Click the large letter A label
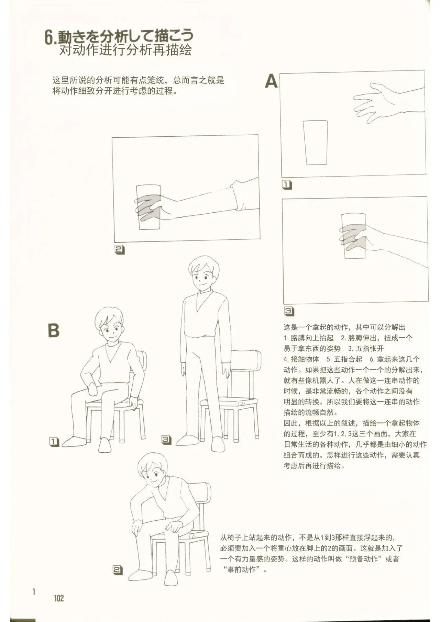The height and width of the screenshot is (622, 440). pos(271,82)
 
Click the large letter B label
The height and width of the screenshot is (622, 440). pos(53,330)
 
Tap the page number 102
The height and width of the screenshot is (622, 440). pos(59,598)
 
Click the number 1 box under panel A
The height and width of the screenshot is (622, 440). pos(287,185)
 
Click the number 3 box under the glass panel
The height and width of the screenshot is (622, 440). pos(289,311)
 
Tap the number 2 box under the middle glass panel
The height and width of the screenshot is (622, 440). pos(119,250)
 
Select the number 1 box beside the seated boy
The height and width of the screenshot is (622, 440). pos(54,442)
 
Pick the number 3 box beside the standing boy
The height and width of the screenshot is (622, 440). pos(166,439)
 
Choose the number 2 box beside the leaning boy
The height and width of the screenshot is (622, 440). pos(118,570)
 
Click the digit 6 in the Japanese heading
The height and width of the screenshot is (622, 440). pos(50,37)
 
